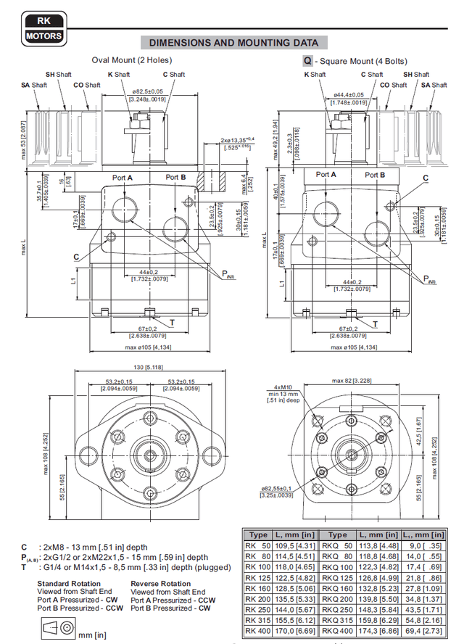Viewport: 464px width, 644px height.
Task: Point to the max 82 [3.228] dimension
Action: (x=352, y=379)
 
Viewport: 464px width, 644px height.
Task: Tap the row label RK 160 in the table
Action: (x=258, y=590)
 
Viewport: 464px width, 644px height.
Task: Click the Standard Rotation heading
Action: (x=70, y=583)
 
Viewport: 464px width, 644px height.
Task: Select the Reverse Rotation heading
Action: (x=161, y=583)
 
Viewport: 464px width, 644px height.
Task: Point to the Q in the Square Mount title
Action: (x=307, y=61)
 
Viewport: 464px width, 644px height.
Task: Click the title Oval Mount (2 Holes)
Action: (x=132, y=60)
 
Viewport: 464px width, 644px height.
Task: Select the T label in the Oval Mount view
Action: (x=172, y=321)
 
